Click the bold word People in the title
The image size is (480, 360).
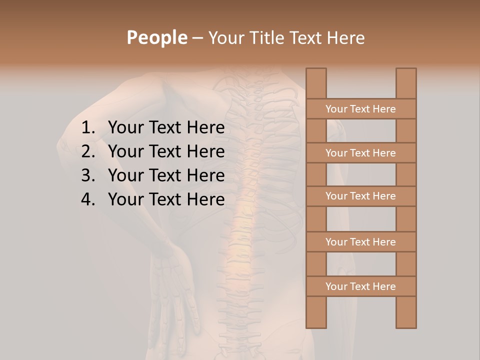pos(156,37)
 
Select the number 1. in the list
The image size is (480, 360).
pos(88,128)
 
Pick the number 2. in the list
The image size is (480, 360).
pos(88,151)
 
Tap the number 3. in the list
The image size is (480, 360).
pos(88,175)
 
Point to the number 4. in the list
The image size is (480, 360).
pos(88,199)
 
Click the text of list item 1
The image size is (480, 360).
pos(166,128)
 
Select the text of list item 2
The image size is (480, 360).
pos(166,151)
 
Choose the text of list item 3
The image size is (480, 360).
pos(166,175)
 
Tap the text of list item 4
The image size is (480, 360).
pos(166,199)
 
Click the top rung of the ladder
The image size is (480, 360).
pos(360,109)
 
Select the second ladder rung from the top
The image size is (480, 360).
pos(360,153)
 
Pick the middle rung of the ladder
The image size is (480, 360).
pos(360,196)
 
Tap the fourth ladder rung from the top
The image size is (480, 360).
pos(360,242)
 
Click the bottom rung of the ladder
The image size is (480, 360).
pos(360,286)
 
